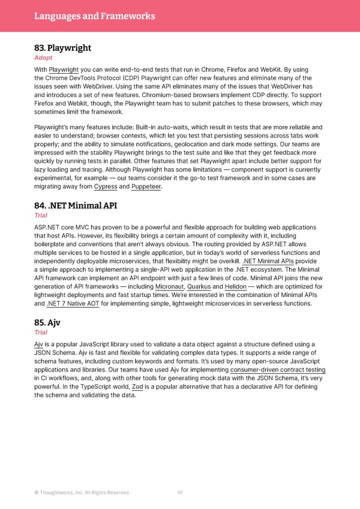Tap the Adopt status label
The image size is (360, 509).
tap(43, 58)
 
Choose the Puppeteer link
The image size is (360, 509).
tap(147, 187)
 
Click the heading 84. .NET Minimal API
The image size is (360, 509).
tap(76, 206)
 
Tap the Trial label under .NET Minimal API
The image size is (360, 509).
tap(41, 217)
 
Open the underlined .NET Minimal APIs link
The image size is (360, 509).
tap(268, 262)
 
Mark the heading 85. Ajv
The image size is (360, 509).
tap(47, 322)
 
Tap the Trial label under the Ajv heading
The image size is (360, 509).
tap(41, 333)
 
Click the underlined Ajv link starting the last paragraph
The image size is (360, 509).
tap(39, 344)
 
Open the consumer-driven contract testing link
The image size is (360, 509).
tap(278, 370)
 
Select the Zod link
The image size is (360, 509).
tap(137, 387)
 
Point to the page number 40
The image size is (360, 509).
tap(180, 493)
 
